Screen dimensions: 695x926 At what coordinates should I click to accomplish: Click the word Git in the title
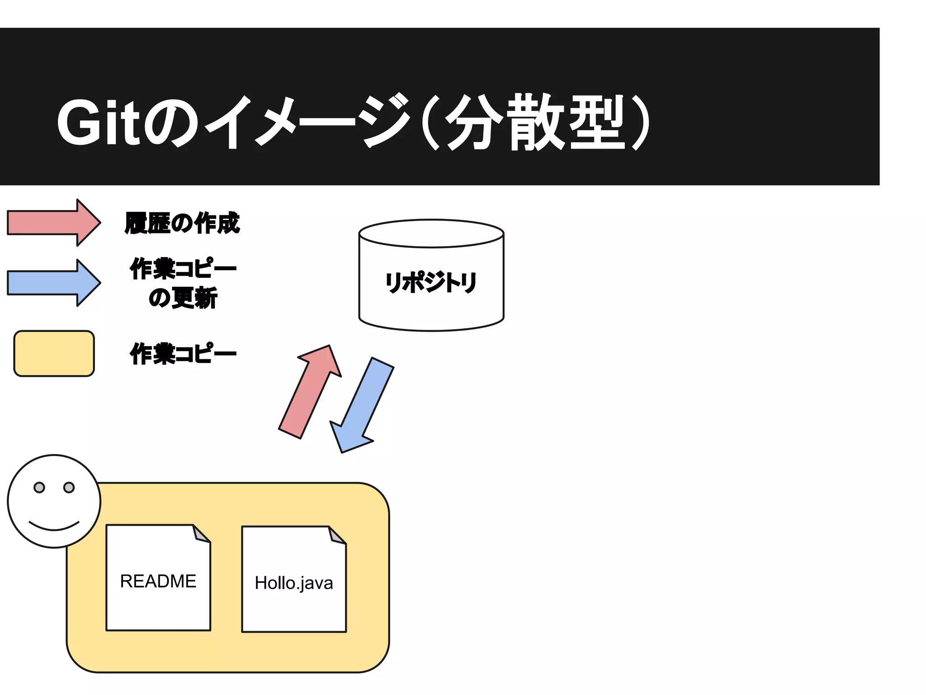[99, 122]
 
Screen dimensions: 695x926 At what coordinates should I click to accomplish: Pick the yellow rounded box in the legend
[54, 353]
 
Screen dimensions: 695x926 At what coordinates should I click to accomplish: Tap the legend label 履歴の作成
[182, 223]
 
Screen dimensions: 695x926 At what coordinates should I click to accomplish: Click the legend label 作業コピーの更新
[183, 283]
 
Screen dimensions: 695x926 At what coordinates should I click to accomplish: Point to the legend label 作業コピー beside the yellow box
[183, 353]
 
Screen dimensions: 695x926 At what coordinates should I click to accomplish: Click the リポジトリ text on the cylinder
[431, 282]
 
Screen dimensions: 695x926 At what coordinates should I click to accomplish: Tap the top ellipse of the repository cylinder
[431, 233]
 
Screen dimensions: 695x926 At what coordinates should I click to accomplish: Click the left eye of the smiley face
[39, 487]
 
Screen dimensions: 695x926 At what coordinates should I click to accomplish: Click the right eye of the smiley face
[69, 487]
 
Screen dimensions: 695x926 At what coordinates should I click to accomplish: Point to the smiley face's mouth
[54, 527]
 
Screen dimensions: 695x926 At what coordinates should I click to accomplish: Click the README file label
[158, 581]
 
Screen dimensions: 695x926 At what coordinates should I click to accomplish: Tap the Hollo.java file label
[294, 583]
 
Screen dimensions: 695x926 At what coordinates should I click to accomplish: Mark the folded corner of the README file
[201, 533]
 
